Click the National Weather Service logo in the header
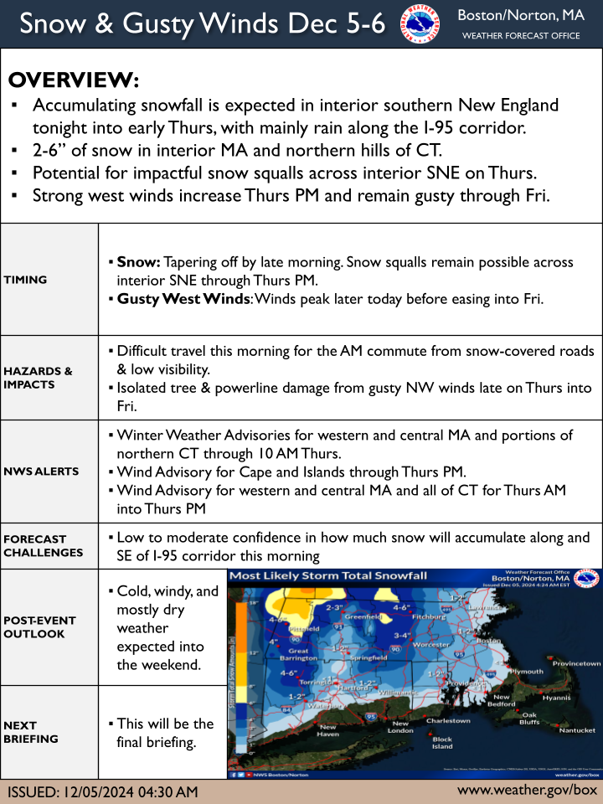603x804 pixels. (421, 24)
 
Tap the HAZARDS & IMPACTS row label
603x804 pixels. (38, 378)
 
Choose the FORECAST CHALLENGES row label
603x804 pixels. (43, 546)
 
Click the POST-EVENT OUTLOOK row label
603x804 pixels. (39, 627)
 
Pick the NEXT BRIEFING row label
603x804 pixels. (31, 732)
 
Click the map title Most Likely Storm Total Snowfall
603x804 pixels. (328, 576)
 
